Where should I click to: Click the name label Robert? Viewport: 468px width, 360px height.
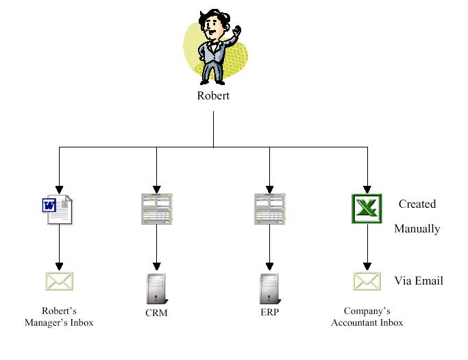(213, 96)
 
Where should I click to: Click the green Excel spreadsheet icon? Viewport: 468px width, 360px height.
(367, 208)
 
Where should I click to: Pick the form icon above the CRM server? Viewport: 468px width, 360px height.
(157, 208)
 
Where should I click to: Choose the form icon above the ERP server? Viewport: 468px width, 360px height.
(269, 208)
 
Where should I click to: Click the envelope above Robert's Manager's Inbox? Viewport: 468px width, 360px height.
(59, 281)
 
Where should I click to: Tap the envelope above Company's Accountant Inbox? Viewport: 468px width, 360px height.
(367, 281)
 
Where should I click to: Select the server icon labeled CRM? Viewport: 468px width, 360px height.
(157, 289)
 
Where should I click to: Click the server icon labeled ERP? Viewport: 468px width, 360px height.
(269, 289)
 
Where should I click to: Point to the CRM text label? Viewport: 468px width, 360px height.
(156, 313)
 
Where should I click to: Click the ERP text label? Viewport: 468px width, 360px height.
(269, 313)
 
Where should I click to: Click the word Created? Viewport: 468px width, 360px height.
(417, 204)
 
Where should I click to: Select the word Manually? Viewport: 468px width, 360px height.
(417, 229)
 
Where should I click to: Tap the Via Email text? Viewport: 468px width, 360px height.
(419, 280)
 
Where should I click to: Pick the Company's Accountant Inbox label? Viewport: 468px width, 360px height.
(367, 317)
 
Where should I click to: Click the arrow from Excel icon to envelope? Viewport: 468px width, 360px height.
(367, 247)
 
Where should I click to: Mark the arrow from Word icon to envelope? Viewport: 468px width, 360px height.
(59, 247)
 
